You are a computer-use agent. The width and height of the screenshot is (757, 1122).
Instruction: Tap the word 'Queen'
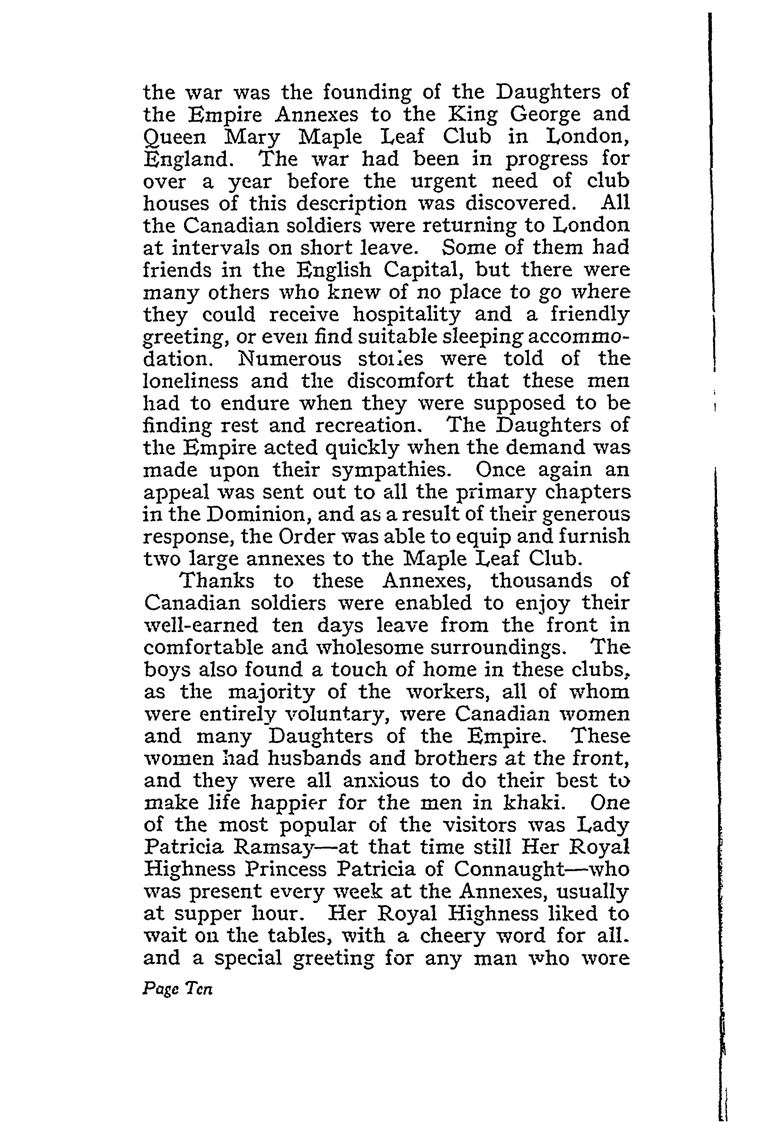[175, 138]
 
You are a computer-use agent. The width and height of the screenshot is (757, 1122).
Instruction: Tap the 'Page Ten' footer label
[177, 990]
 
